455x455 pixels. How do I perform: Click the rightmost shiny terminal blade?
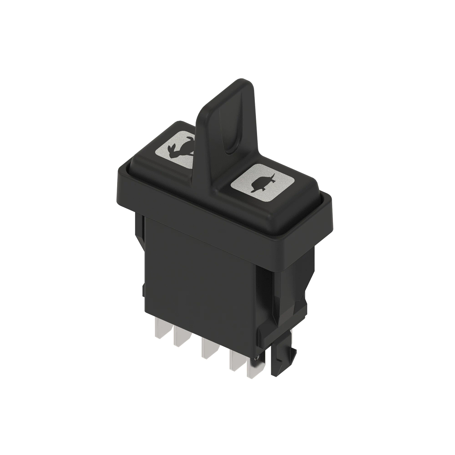click(x=253, y=368)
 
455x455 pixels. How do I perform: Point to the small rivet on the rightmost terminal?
click(x=258, y=357)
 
